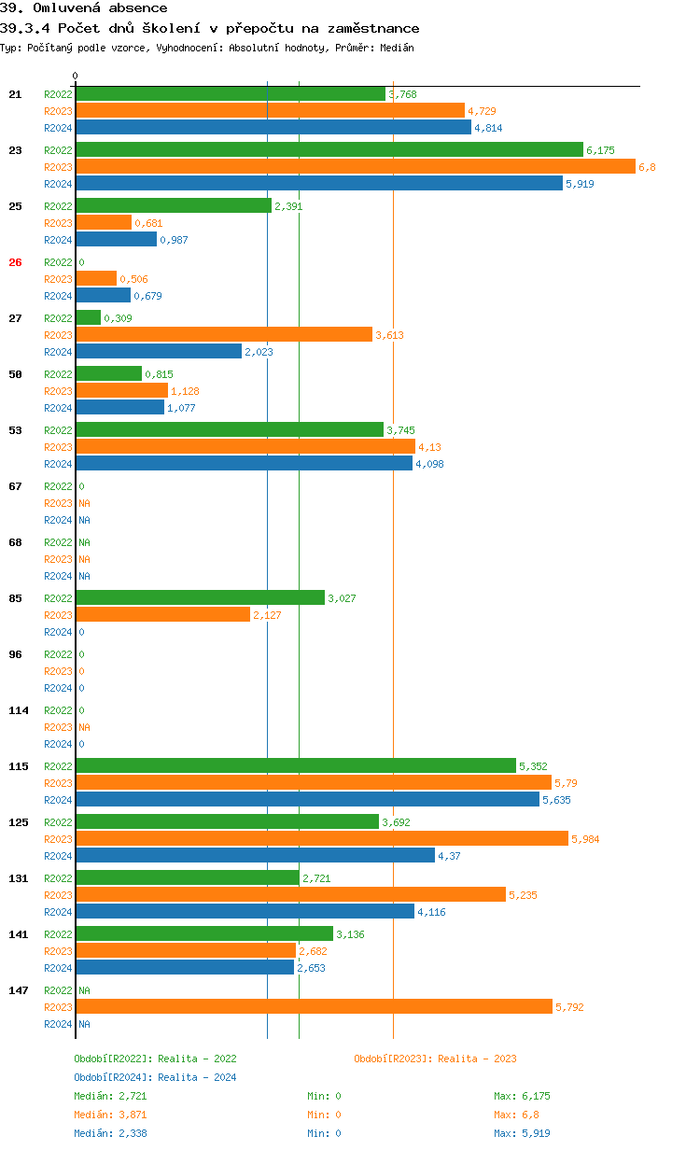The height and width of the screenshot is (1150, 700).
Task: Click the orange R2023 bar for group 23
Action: (x=356, y=167)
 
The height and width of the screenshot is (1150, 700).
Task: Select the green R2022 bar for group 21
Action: (x=231, y=94)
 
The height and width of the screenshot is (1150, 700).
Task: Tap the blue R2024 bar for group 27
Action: (x=159, y=352)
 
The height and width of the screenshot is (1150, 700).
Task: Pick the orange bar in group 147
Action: (x=314, y=1007)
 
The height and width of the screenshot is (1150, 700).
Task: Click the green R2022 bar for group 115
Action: (x=296, y=766)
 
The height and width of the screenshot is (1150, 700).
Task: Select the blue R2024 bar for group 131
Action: (x=245, y=912)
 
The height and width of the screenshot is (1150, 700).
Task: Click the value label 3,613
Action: (x=389, y=335)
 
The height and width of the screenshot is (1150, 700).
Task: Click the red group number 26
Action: (x=15, y=262)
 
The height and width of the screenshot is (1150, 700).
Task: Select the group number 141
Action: (x=18, y=934)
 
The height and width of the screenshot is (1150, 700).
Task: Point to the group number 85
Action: (x=15, y=598)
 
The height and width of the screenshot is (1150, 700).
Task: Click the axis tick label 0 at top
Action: (x=76, y=76)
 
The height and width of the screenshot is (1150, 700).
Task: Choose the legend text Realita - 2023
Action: (x=477, y=1059)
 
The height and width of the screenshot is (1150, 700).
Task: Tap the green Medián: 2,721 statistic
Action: (x=109, y=1096)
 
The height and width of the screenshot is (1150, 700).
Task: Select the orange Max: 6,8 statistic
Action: (x=516, y=1115)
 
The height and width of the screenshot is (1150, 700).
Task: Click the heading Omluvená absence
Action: (x=100, y=8)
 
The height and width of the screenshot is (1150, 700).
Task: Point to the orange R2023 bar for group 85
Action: (x=162, y=615)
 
